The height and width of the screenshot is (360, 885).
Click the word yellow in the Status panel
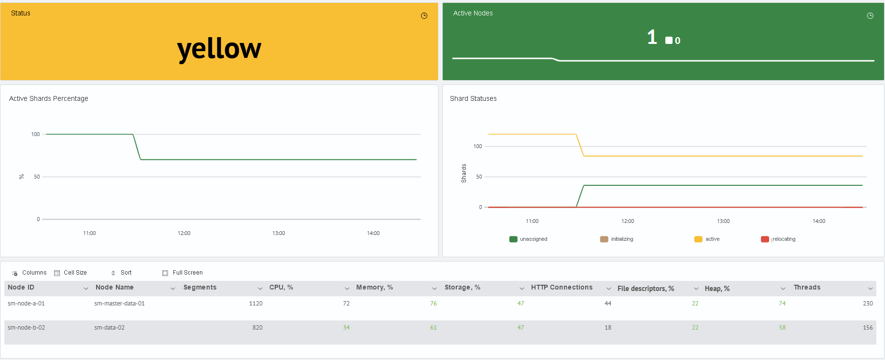tap(219, 49)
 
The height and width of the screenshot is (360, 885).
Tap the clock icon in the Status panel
tap(424, 15)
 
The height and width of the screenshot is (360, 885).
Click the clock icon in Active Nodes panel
tap(870, 15)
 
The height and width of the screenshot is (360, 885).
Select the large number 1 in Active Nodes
tap(652, 37)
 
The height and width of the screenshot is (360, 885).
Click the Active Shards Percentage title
tap(49, 98)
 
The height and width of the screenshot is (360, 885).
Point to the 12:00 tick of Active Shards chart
tap(184, 233)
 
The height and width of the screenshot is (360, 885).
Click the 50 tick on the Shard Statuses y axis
tap(479, 177)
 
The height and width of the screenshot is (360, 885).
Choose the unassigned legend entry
tap(528, 239)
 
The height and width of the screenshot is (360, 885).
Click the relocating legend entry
tap(778, 239)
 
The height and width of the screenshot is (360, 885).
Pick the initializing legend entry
tap(617, 239)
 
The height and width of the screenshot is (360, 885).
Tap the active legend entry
tap(707, 239)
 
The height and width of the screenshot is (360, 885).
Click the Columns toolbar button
tap(29, 273)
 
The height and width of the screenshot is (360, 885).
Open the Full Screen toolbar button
tap(183, 273)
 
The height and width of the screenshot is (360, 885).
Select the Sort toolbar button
tap(121, 273)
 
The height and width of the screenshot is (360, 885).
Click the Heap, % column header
tap(717, 289)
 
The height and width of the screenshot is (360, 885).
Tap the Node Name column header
tap(114, 287)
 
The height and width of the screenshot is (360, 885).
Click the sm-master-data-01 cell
tap(120, 304)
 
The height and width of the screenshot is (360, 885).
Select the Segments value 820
tap(257, 328)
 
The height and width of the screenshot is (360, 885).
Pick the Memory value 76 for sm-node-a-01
tap(434, 304)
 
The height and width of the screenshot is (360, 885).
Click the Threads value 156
tap(868, 328)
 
